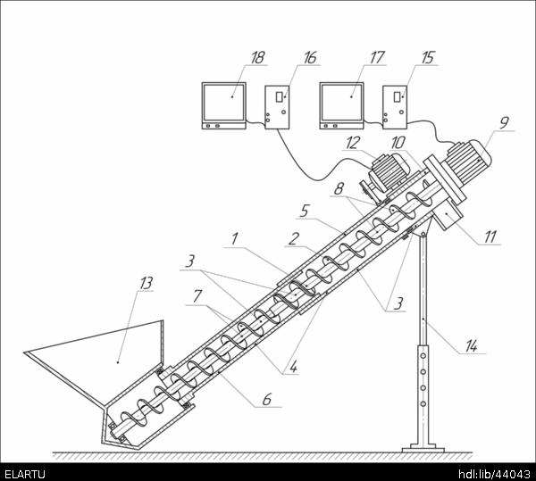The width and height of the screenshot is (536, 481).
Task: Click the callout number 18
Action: point(258,58)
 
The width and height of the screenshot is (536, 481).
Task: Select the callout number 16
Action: point(310,58)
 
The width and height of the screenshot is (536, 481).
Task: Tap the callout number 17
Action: point(377,58)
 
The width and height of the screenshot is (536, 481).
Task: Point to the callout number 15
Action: point(428,58)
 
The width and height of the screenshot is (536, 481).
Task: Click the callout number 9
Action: point(504,123)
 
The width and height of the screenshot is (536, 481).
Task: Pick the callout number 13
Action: point(146,283)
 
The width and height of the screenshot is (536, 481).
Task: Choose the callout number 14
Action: point(471,346)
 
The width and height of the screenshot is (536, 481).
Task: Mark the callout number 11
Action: point(490,236)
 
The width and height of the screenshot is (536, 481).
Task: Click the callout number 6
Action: point(267,400)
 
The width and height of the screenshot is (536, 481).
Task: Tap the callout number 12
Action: point(353,143)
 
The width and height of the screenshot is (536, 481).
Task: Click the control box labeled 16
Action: point(277,107)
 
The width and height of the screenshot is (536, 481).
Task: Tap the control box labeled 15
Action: point(395,107)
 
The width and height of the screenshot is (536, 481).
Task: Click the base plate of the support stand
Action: point(423,448)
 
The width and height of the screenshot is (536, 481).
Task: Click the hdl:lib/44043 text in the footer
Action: point(494,475)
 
